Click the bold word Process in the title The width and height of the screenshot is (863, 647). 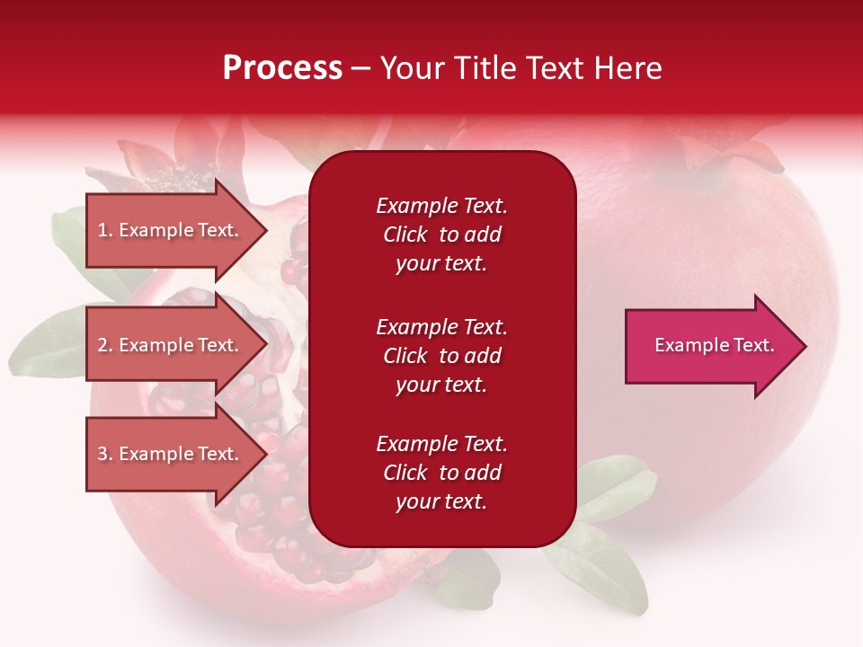click(282, 68)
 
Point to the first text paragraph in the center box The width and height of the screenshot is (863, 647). click(441, 235)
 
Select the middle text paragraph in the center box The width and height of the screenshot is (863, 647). click(441, 356)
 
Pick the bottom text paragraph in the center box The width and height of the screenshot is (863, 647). click(441, 473)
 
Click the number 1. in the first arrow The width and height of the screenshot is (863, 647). click(105, 230)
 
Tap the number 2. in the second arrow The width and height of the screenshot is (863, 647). click(105, 345)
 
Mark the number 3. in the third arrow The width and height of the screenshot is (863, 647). click(105, 454)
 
